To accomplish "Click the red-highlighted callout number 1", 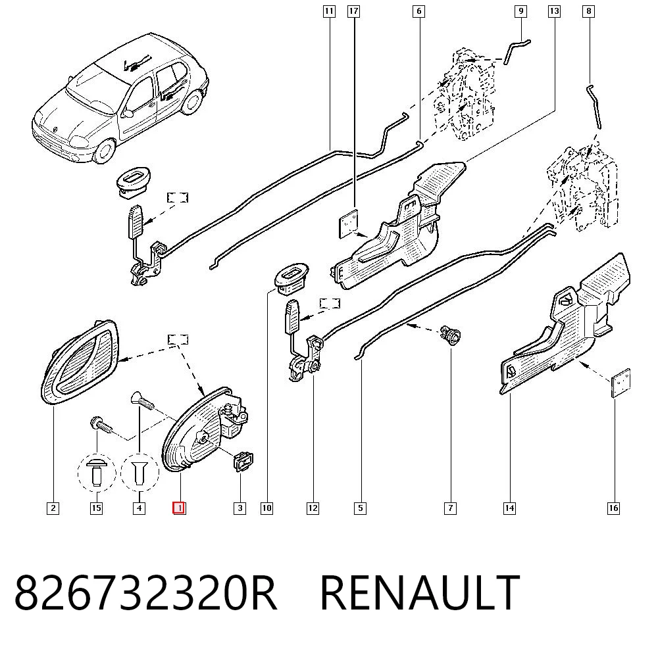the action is (x=179, y=508).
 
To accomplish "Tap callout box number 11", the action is (x=329, y=11).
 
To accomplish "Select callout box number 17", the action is (x=354, y=11).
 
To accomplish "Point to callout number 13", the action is (x=554, y=11).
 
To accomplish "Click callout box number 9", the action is (x=520, y=11).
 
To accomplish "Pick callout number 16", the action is (x=613, y=508).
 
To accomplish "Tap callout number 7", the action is (x=450, y=508).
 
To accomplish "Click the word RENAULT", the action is (x=420, y=592).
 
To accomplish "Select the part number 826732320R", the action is (x=145, y=592).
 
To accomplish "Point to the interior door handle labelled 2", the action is (x=80, y=362).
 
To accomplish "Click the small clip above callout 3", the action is (x=243, y=461).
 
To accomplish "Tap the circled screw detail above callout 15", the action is (x=97, y=473).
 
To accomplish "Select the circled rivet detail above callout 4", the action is (x=139, y=472).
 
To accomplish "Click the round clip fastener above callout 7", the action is (x=450, y=335).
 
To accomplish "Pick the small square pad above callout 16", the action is (x=620, y=383).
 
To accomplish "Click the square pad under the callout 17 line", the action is (x=349, y=224).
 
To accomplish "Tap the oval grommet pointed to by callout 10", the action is (x=291, y=276).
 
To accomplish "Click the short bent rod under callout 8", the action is (x=594, y=107).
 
